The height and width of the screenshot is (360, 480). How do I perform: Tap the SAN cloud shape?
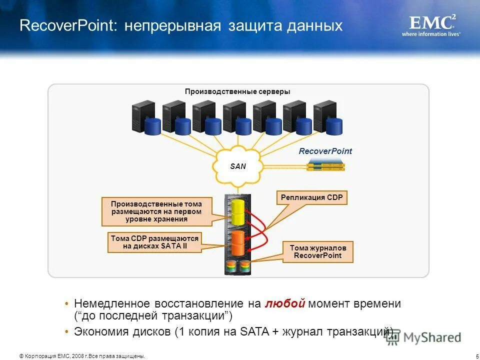pyautogui.click(x=238, y=166)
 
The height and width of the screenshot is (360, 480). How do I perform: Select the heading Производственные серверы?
pyautogui.click(x=237, y=91)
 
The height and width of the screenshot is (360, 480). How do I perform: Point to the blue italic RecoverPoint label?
pyautogui.click(x=325, y=151)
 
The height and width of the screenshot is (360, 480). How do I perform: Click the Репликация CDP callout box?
pyautogui.click(x=311, y=198)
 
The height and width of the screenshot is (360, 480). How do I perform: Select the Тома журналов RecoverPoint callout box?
pyautogui.click(x=318, y=252)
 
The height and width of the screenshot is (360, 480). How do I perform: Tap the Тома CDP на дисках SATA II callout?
pyautogui.click(x=154, y=242)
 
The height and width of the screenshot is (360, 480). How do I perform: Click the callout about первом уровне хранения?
pyautogui.click(x=156, y=211)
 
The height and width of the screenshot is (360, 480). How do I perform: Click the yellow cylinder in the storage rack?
pyautogui.click(x=237, y=212)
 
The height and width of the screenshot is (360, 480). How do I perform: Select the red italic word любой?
pyautogui.click(x=285, y=304)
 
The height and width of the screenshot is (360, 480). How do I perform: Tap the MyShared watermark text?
pyautogui.click(x=432, y=337)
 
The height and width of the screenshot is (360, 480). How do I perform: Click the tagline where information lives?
pyautogui.click(x=431, y=34)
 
